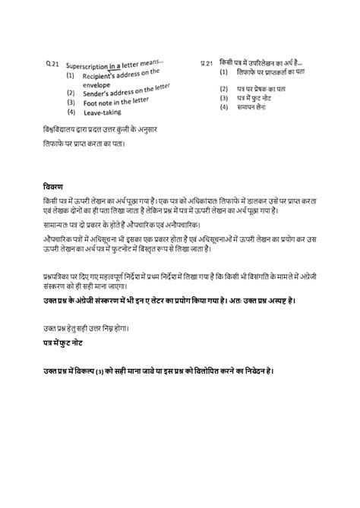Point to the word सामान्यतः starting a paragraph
58,226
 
